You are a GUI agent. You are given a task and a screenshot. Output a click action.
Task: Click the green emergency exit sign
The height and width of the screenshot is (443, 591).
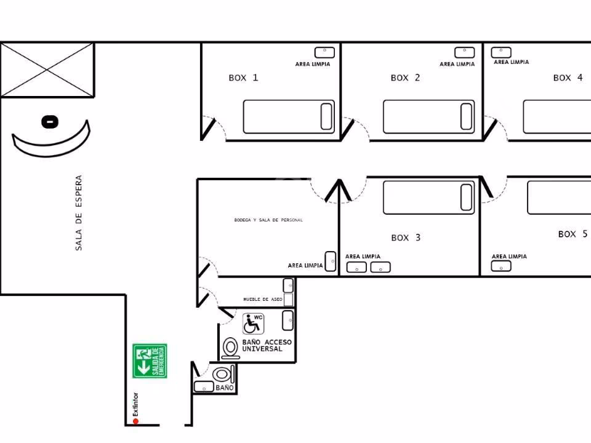click(150, 361)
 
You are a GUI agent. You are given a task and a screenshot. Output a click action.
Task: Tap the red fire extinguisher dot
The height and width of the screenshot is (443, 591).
click(135, 421)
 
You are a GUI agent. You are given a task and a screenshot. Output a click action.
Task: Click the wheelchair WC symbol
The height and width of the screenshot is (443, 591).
click(253, 324)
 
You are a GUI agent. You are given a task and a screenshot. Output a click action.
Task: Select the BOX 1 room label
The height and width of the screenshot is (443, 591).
click(243, 78)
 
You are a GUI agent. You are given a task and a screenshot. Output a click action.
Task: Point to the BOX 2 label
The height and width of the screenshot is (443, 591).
click(405, 78)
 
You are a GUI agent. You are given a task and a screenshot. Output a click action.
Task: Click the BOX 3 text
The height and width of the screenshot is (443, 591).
click(406, 237)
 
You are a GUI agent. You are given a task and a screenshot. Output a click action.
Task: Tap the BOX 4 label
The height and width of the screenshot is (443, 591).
click(568, 78)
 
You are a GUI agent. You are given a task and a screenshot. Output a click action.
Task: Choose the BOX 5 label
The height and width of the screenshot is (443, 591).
click(573, 234)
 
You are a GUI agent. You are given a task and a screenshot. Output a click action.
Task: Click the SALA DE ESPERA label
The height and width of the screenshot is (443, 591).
click(78, 213)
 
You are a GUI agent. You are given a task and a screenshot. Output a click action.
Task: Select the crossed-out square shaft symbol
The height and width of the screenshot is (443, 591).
click(47, 70)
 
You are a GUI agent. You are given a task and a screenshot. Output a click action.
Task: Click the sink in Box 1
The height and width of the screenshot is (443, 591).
click(324, 52)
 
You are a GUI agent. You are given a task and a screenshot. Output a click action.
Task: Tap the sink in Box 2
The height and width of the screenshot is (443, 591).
click(464, 52)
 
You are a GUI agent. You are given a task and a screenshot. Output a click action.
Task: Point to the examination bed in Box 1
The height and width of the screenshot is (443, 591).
click(289, 117)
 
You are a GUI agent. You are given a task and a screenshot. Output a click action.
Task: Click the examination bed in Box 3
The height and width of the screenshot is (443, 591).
click(428, 198)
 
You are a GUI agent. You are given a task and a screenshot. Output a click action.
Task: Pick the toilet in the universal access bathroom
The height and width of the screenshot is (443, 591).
click(230, 348)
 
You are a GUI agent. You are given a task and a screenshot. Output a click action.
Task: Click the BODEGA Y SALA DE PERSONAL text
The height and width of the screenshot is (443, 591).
click(268, 220)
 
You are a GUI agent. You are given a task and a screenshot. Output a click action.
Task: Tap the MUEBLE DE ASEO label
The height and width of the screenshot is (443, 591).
click(263, 299)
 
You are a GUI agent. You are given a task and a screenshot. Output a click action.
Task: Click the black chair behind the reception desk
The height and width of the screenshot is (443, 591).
click(50, 122)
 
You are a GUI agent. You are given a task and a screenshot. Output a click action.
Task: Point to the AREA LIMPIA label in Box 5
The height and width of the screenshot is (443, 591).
click(509, 256)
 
